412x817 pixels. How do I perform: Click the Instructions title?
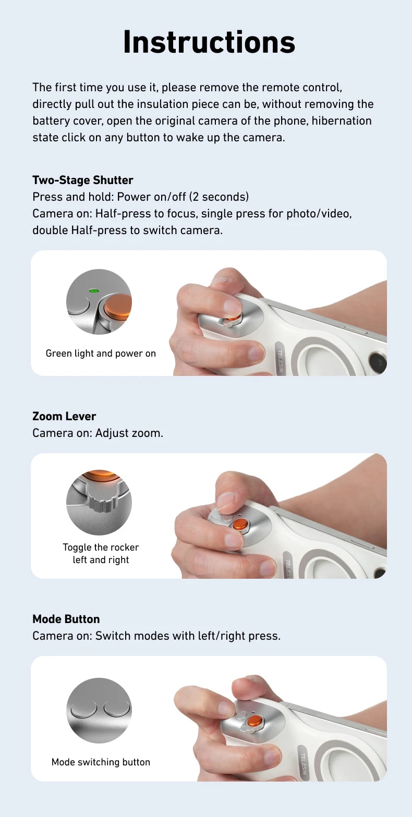click(x=209, y=42)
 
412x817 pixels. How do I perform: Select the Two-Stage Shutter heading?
click(x=82, y=180)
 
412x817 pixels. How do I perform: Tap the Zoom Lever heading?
click(x=64, y=416)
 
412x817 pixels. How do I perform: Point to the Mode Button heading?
click(x=66, y=619)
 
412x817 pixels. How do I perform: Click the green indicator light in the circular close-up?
click(x=94, y=290)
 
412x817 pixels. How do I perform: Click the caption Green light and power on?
click(x=101, y=353)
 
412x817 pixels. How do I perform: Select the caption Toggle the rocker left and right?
click(x=101, y=553)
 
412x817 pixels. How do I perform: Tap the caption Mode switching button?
click(x=101, y=762)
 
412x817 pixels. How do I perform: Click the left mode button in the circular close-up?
click(x=84, y=709)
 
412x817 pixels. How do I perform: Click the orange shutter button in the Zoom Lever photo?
click(x=240, y=523)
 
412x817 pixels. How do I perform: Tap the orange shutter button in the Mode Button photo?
click(x=255, y=721)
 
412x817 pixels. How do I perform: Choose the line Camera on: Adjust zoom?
click(x=98, y=433)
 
